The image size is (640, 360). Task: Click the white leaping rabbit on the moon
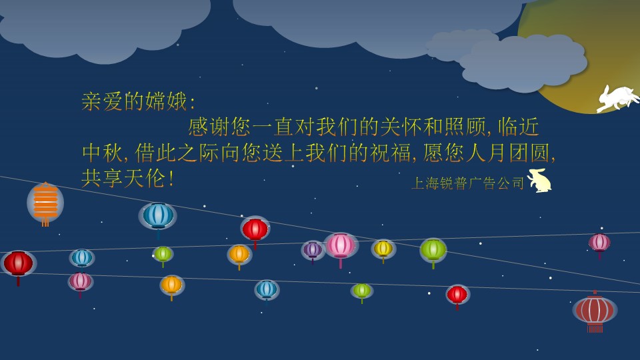click(617, 99)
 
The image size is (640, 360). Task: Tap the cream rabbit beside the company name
click(540, 181)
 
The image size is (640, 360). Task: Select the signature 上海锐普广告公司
click(468, 183)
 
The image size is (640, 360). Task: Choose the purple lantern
click(313, 250)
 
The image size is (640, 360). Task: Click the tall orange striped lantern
click(45, 203)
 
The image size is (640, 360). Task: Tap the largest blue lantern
click(158, 216)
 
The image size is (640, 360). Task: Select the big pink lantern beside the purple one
click(341, 246)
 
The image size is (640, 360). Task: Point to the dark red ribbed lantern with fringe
click(595, 310)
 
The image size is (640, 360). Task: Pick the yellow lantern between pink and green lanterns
click(383, 249)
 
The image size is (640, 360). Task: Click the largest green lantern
click(433, 250)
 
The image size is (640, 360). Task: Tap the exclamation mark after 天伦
click(171, 179)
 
